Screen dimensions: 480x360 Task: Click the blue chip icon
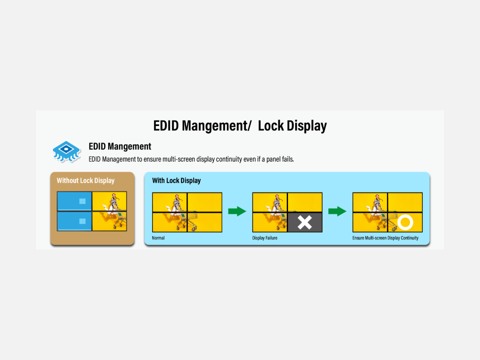coord(67,152)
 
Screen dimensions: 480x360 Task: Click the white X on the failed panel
coord(304,223)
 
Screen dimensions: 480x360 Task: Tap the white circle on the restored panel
coord(405,223)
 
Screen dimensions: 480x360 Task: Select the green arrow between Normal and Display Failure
coord(237,211)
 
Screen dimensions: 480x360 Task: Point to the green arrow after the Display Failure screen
coord(337,211)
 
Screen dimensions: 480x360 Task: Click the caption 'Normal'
coord(158,238)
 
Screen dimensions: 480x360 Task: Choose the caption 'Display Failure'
coord(265,238)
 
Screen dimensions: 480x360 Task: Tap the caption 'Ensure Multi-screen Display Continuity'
coord(385,238)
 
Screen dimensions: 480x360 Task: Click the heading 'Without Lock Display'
coord(85,181)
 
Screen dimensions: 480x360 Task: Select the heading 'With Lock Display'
coord(176,181)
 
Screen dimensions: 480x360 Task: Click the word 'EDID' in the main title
coord(166,126)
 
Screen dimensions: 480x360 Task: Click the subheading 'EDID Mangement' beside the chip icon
coord(120,146)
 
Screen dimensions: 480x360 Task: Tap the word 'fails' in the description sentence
coord(288,159)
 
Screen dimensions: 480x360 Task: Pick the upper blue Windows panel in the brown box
coord(74,201)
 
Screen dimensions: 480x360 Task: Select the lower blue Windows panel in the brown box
coord(74,221)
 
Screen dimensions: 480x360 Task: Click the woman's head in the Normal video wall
coord(177,197)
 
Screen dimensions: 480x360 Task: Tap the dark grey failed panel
coord(305,223)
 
